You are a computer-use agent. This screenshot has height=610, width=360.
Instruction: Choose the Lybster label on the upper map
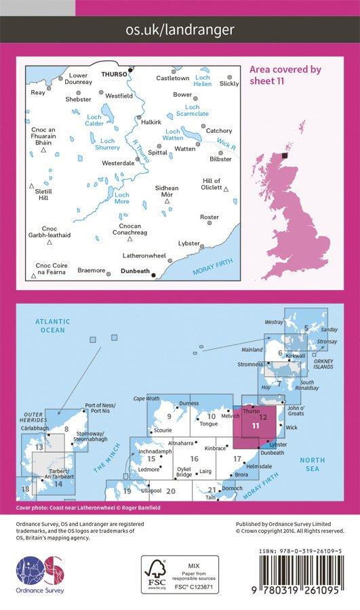coord(188,243)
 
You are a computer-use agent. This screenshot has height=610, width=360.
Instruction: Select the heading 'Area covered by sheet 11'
coord(285,74)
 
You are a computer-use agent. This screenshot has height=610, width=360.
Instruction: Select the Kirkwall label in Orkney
coord(297,355)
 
